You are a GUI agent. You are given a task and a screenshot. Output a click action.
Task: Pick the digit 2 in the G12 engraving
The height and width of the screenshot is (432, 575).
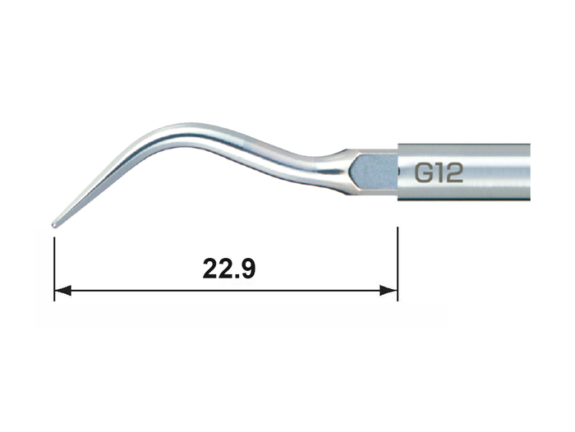(x=454, y=172)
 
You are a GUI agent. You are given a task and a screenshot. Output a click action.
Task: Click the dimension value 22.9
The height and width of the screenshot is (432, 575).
(x=229, y=269)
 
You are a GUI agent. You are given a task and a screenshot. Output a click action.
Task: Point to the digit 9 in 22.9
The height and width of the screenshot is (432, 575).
(x=246, y=269)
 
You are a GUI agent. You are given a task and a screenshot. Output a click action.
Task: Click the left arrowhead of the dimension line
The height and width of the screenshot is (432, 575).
(x=62, y=291)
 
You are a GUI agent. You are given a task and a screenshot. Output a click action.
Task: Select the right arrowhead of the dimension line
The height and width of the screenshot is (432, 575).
(x=389, y=291)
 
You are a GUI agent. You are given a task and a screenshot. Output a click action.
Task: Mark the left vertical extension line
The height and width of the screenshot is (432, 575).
(x=54, y=269)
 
